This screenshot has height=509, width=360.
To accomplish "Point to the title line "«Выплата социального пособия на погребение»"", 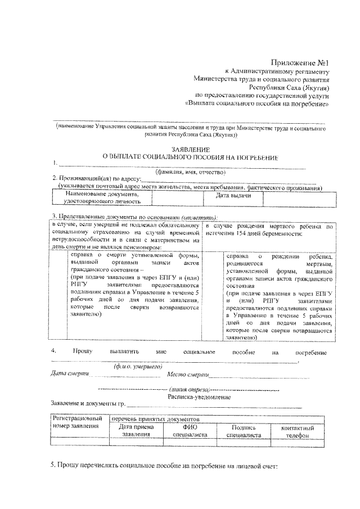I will tap(256, 104).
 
